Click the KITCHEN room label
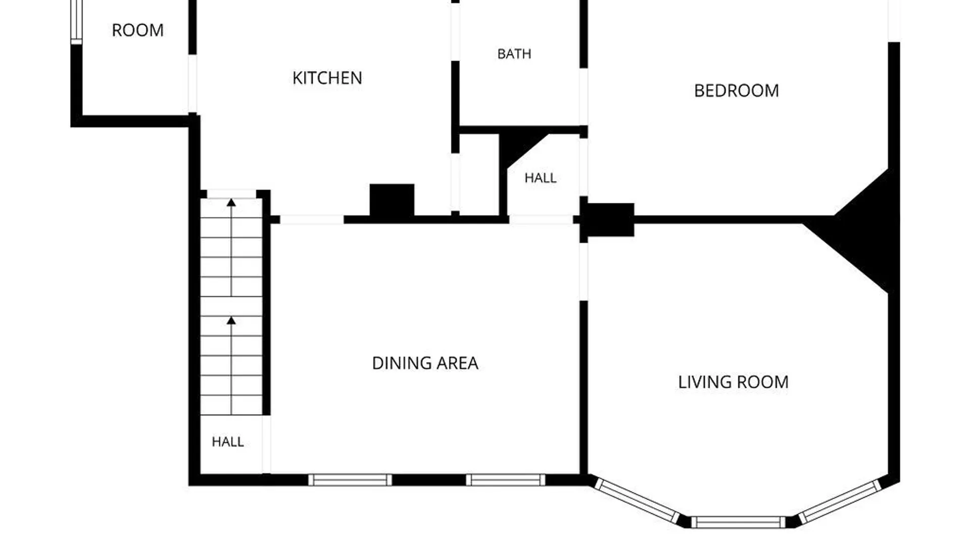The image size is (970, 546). [327, 78]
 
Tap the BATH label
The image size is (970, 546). [514, 54]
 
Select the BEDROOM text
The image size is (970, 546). [737, 90]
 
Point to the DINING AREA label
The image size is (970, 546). [425, 363]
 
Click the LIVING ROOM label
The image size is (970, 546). [733, 382]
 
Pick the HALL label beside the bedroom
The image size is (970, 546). [541, 178]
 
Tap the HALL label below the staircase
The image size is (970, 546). [228, 442]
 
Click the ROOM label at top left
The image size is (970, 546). [138, 30]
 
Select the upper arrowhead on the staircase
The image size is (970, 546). [231, 203]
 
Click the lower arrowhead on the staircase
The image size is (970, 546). [231, 321]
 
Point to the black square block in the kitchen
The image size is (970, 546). [392, 200]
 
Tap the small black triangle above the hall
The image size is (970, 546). [518, 147]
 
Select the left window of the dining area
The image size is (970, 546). [350, 480]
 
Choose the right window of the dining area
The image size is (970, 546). [505, 480]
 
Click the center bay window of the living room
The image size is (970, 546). [738, 522]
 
